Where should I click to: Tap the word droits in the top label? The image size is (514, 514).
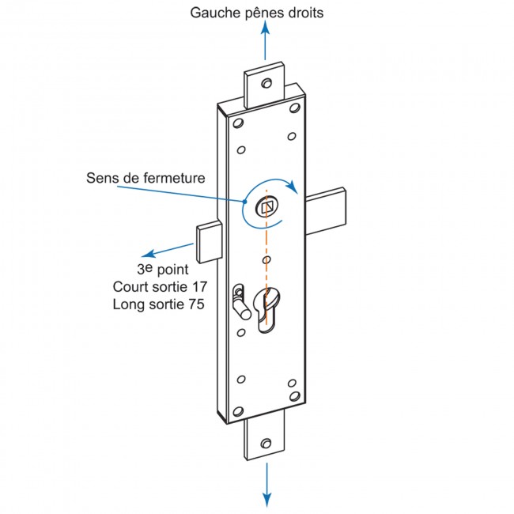pos(304,13)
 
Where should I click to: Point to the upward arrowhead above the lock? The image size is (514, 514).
pos(266,26)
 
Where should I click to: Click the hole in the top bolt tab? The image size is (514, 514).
pos(266,83)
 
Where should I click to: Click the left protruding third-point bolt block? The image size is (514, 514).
pos(208,244)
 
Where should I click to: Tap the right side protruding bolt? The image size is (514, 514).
pos(326,211)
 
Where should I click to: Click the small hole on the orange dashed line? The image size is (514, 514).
pos(266,259)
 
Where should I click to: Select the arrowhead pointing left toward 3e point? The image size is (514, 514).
pos(147,255)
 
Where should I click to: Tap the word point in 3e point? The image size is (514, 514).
pos(174,270)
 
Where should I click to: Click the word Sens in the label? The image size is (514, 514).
pos(101,177)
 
